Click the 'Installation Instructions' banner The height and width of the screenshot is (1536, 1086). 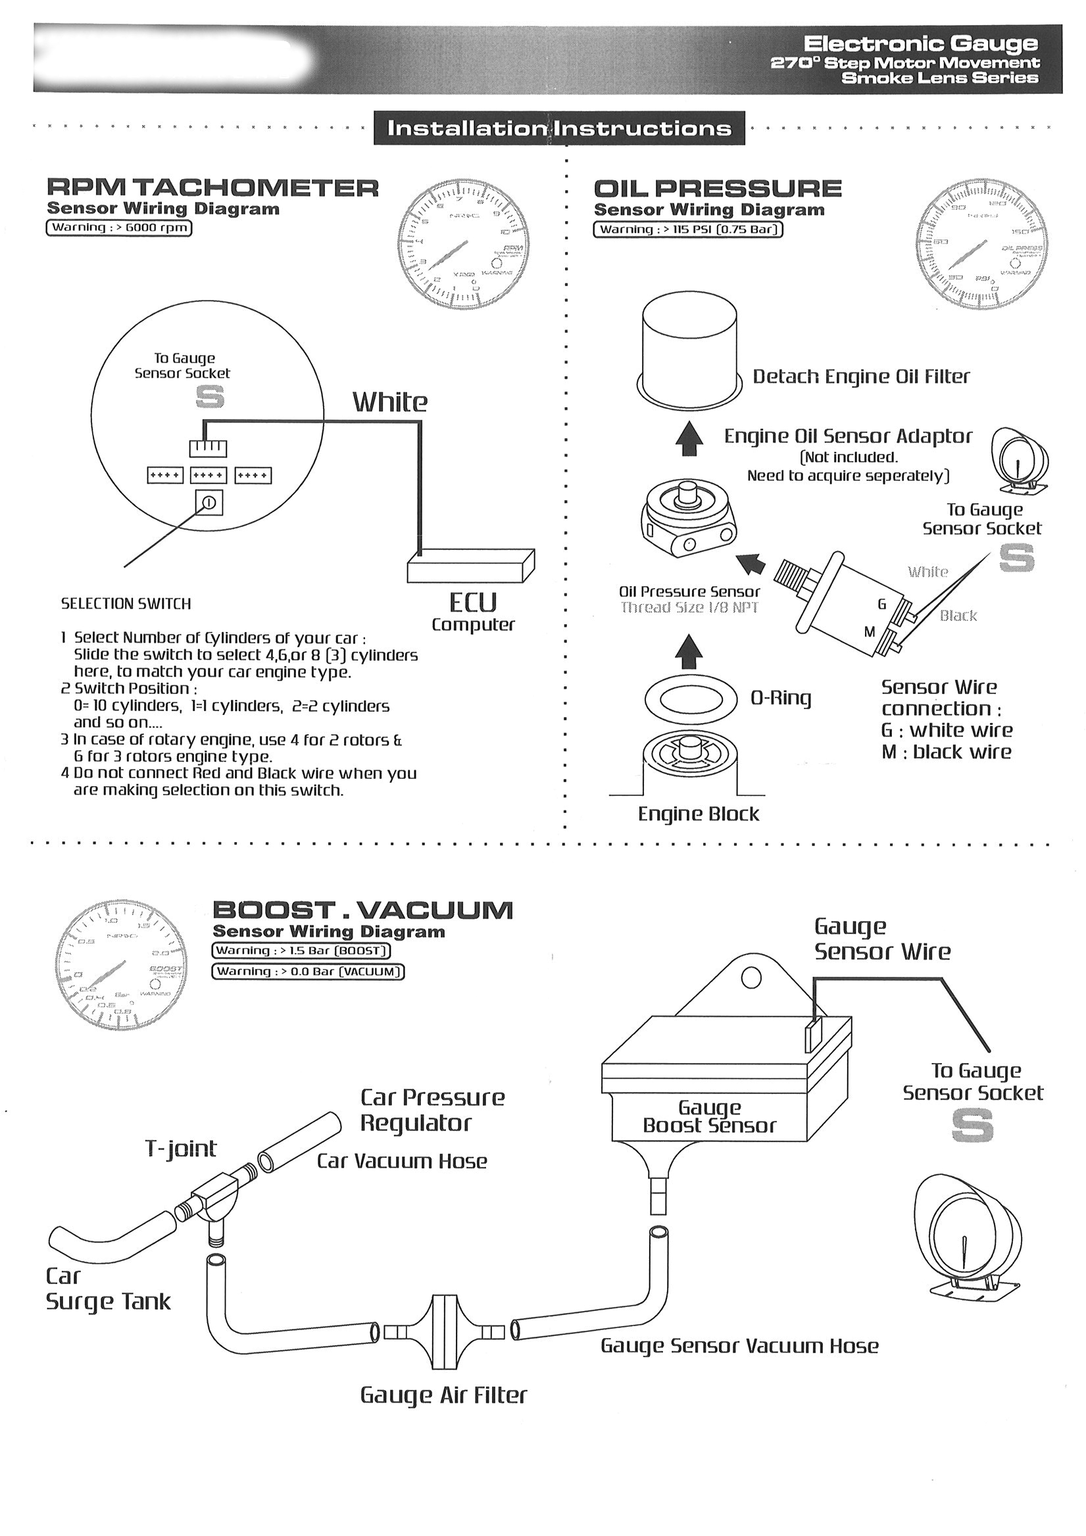tap(559, 128)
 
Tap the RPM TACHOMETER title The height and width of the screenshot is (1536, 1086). tap(212, 188)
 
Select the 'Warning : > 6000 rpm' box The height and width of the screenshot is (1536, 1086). tap(119, 228)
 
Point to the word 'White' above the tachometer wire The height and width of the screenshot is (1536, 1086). tap(390, 402)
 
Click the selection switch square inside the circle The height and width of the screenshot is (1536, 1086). tap(208, 503)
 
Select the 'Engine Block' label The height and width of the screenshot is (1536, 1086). tap(698, 814)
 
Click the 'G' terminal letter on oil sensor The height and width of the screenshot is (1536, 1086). tap(881, 605)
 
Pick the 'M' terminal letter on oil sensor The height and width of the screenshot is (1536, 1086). tap(869, 632)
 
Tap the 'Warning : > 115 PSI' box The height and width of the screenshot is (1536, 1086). tap(689, 230)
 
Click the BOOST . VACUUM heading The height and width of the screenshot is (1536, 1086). tap(362, 910)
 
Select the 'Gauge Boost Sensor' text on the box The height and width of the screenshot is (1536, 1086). tap(709, 1116)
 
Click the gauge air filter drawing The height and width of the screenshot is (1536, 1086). tap(442, 1331)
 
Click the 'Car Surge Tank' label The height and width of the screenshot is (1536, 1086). tap(107, 1289)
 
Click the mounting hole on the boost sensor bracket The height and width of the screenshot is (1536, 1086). tap(752, 978)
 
